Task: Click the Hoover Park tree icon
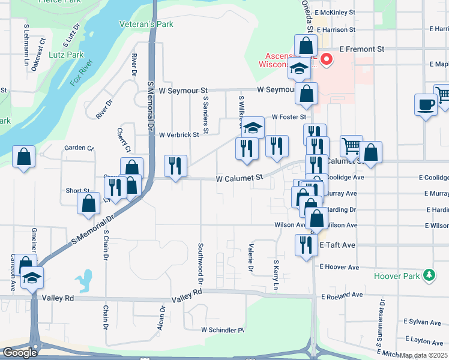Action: point(429,275)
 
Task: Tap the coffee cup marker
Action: point(426,104)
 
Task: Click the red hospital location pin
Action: point(327,60)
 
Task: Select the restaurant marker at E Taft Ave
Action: point(306,244)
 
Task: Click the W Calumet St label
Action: point(240,178)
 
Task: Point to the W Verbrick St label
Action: point(179,135)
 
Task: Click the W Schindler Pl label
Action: point(223,330)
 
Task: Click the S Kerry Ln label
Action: point(276,275)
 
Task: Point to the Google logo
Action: point(20,353)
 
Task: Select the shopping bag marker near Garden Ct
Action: point(23,157)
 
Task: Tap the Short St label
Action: point(77,191)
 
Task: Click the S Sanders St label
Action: point(205,114)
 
